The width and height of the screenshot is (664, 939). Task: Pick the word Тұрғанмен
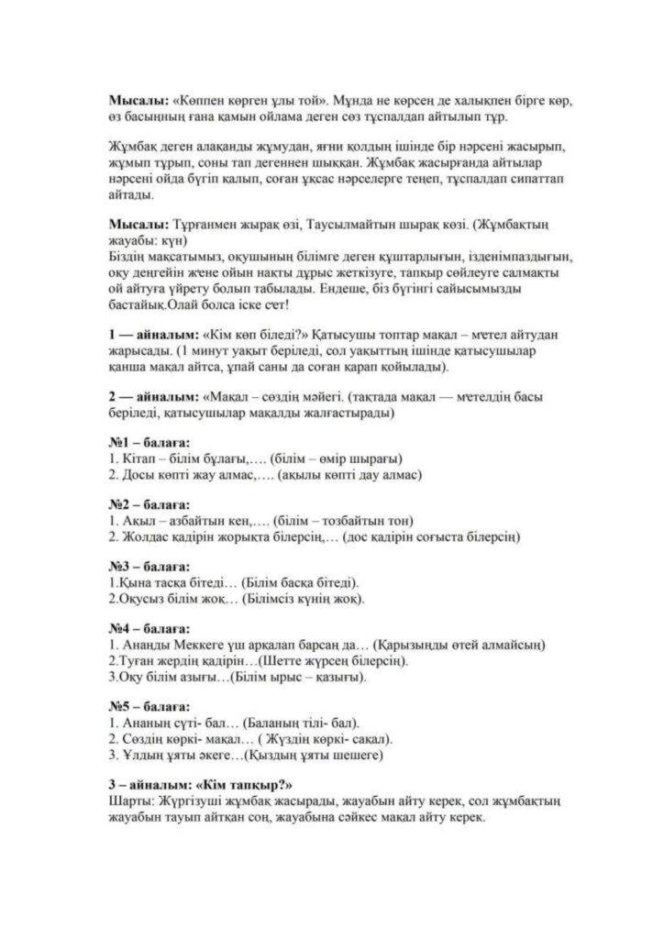point(203,226)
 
